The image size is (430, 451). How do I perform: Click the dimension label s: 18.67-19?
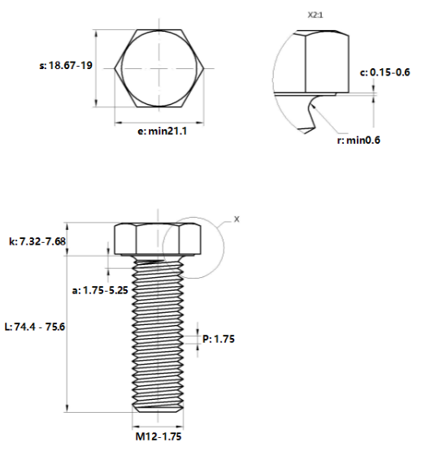coord(66,65)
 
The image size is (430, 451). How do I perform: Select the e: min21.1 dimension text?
coord(163,131)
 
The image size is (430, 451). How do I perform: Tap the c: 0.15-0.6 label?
coord(384,72)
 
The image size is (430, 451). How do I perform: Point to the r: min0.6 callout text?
coord(358,140)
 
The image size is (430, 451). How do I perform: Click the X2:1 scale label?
coord(315,15)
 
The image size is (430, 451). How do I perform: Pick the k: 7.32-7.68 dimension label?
coord(37,241)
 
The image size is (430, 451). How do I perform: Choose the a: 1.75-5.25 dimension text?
coord(100,290)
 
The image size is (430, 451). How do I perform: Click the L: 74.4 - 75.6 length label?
coord(35,327)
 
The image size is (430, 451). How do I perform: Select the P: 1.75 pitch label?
coord(219,339)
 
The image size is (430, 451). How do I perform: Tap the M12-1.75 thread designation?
coord(159,436)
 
